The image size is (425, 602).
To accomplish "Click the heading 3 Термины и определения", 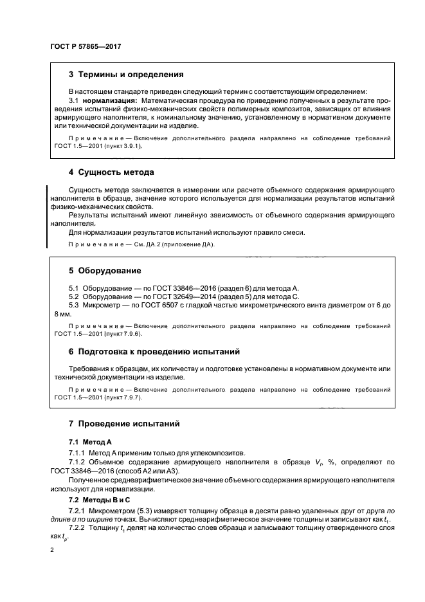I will click(126, 75).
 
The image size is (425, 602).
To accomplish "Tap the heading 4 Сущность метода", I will click(111, 172).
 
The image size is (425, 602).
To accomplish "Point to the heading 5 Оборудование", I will click(105, 270).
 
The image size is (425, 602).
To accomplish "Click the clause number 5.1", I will click(74, 288).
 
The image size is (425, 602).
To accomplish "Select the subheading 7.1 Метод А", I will click(90, 442).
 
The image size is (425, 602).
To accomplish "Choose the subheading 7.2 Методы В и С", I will click(99, 499).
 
